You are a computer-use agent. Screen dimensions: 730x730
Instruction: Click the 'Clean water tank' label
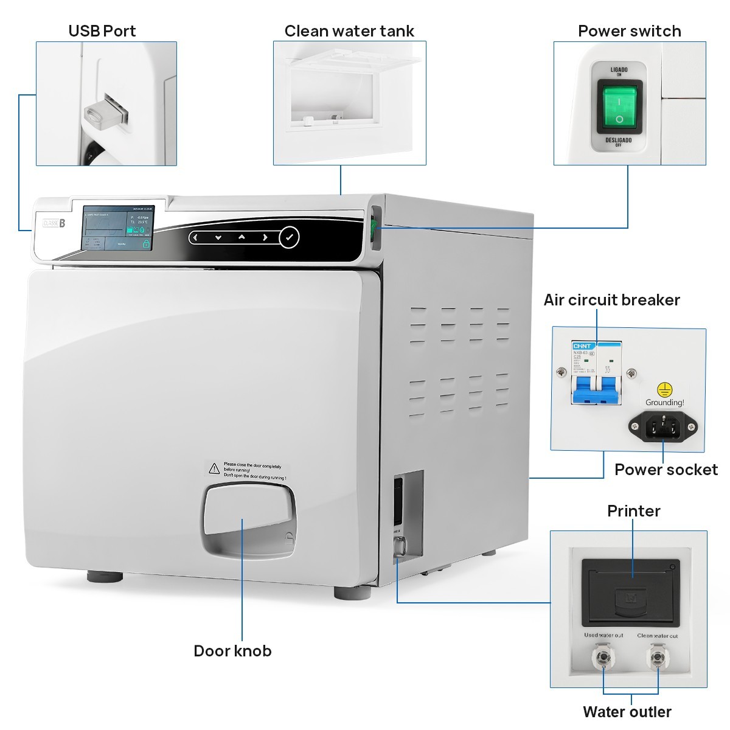coord(349,31)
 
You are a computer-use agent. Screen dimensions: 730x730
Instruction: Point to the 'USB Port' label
coord(102,31)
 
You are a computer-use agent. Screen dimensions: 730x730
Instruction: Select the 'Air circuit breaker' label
coord(611,300)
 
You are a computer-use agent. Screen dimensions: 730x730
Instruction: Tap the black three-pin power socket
coord(662,425)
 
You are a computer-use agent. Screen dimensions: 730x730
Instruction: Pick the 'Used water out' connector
coord(603,659)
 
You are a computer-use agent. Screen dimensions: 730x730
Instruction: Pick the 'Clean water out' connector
coord(657,659)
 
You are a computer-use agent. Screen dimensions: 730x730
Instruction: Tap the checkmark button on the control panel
coord(289,237)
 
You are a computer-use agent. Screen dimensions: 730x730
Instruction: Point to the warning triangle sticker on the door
coord(214,468)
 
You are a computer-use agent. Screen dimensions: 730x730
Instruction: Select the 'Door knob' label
coord(232,651)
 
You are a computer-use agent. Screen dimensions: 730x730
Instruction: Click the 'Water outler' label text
coord(627,712)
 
